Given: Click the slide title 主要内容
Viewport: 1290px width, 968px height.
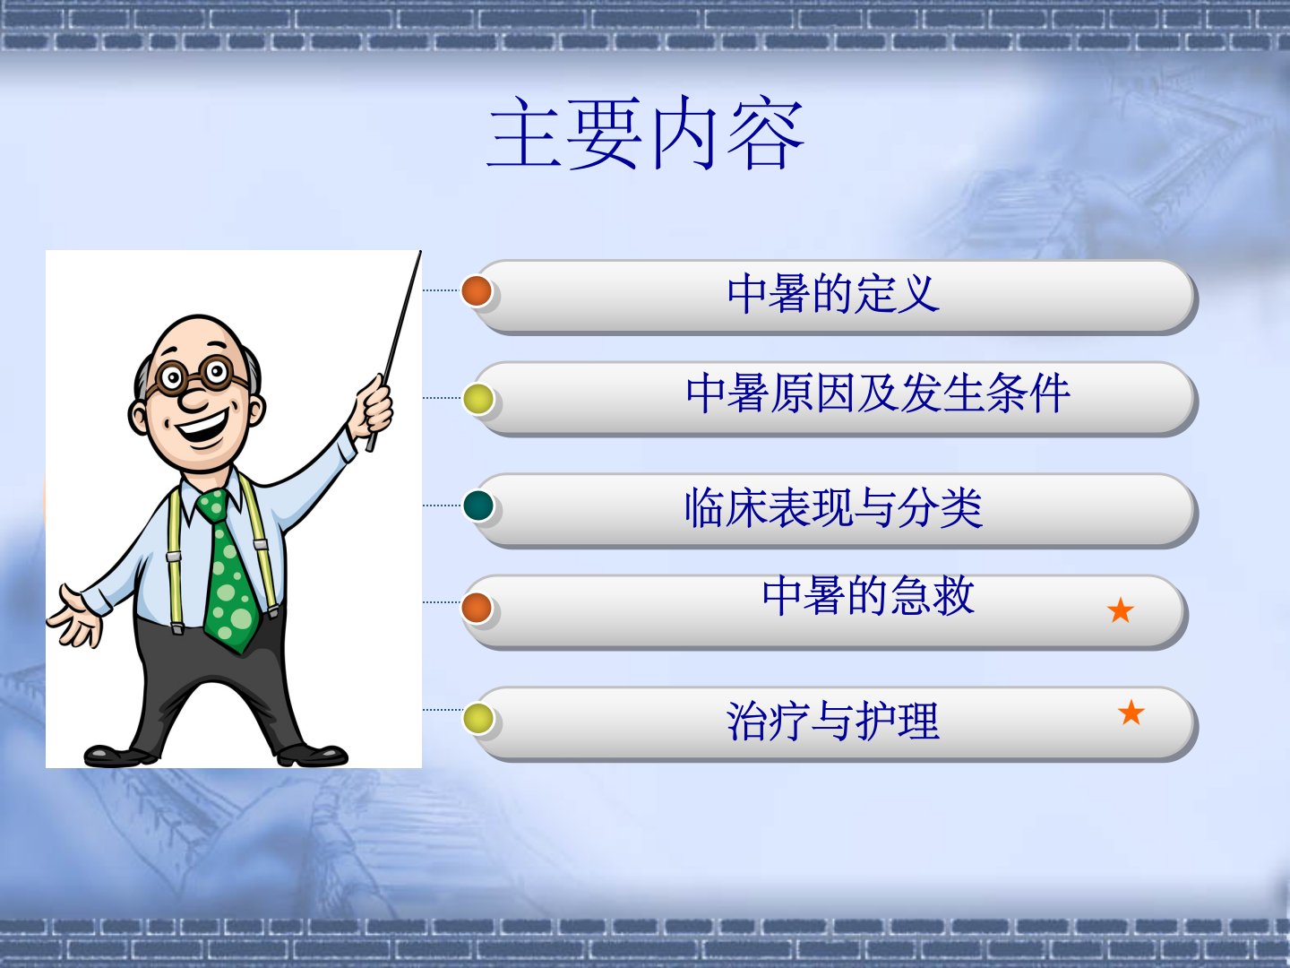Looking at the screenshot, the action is pyautogui.click(x=645, y=134).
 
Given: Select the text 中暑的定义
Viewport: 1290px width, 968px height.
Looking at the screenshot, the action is pyautogui.click(x=833, y=294).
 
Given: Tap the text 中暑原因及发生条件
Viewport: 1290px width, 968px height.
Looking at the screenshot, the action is pyautogui.click(x=877, y=393).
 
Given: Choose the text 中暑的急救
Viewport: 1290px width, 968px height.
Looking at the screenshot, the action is pyautogui.click(x=868, y=596).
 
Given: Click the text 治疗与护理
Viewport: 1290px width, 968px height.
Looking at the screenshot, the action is pyautogui.click(x=833, y=721).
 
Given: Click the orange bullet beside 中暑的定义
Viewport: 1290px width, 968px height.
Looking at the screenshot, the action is pyautogui.click(x=477, y=291).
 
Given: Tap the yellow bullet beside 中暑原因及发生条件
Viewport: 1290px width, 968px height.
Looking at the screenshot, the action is pyautogui.click(x=477, y=399).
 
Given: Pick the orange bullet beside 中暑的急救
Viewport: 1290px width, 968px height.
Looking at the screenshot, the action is pyautogui.click(x=477, y=608).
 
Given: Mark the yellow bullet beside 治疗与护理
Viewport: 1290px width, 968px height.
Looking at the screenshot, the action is pyautogui.click(x=477, y=718).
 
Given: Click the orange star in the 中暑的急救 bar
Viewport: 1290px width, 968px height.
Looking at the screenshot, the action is pyautogui.click(x=1120, y=610).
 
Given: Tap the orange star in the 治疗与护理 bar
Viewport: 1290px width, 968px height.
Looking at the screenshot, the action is pyautogui.click(x=1131, y=713).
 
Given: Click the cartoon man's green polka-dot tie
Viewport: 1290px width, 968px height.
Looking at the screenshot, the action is pyautogui.click(x=228, y=570).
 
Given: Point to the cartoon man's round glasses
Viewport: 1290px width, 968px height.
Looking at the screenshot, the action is pyautogui.click(x=193, y=375).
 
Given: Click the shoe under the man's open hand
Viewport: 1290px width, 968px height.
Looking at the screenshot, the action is pyautogui.click(x=119, y=755).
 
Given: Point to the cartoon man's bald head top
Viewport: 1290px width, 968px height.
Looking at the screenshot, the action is pyautogui.click(x=199, y=335).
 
